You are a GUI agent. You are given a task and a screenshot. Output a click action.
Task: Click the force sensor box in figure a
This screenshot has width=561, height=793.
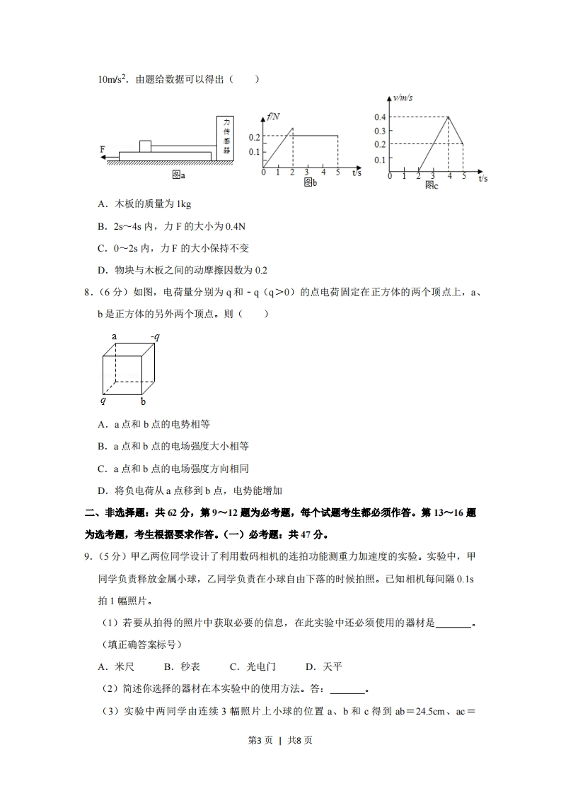click(226, 136)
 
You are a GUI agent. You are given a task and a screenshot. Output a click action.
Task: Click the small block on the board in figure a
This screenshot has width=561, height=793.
click(145, 146)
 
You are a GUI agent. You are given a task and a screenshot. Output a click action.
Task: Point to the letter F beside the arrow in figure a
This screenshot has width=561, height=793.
click(103, 149)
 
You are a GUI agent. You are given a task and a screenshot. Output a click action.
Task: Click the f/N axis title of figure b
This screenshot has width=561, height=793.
click(273, 116)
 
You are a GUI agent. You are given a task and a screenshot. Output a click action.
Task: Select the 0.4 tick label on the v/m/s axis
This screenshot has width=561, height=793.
click(380, 117)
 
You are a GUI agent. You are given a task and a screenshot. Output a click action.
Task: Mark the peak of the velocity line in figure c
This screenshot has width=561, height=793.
click(449, 117)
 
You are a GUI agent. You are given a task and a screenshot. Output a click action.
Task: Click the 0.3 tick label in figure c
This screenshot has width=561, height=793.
click(380, 131)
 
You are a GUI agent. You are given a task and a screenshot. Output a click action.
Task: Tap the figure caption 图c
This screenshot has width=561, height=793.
click(432, 185)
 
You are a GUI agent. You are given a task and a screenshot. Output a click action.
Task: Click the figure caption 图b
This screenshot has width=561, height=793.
click(310, 182)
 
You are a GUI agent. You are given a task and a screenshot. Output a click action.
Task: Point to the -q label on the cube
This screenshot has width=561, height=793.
click(154, 336)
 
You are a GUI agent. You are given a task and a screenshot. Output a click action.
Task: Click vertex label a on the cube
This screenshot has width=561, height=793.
click(114, 336)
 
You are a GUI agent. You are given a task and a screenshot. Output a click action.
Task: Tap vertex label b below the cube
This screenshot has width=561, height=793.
click(143, 402)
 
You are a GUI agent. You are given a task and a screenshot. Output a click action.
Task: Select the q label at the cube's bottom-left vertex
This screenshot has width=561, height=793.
click(103, 400)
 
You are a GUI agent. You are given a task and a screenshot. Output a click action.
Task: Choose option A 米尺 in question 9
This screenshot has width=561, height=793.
click(116, 666)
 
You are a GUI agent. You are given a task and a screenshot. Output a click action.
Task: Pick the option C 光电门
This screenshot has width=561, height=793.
click(253, 666)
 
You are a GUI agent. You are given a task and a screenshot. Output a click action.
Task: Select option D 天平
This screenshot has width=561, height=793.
click(323, 666)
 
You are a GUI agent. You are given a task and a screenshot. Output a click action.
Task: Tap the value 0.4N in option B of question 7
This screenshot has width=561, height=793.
click(234, 226)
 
